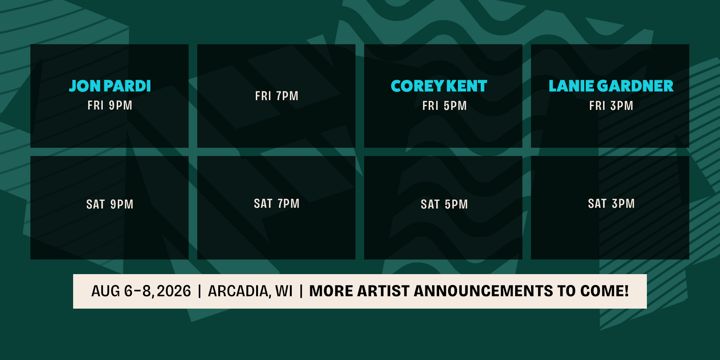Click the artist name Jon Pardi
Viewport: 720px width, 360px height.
click(x=110, y=86)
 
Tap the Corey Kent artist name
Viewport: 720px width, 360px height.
click(x=439, y=86)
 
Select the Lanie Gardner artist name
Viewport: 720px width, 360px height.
click(x=611, y=86)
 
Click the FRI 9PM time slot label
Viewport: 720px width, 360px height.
click(x=110, y=105)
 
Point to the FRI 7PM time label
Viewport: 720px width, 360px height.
click(x=277, y=96)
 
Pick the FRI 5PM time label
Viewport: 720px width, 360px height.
click(x=444, y=106)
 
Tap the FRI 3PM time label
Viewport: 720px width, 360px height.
click(x=611, y=106)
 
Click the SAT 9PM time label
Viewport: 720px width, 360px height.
click(x=110, y=204)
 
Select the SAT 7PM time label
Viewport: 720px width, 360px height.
click(x=277, y=204)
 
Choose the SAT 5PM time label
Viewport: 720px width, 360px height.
click(x=444, y=204)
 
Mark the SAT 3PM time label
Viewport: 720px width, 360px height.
click(x=611, y=204)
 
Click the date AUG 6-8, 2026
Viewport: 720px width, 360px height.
click(x=141, y=291)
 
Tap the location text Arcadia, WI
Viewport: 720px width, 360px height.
click(x=250, y=291)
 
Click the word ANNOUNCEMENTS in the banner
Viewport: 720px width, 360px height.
click(x=483, y=291)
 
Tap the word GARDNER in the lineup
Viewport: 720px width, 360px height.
click(x=635, y=86)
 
